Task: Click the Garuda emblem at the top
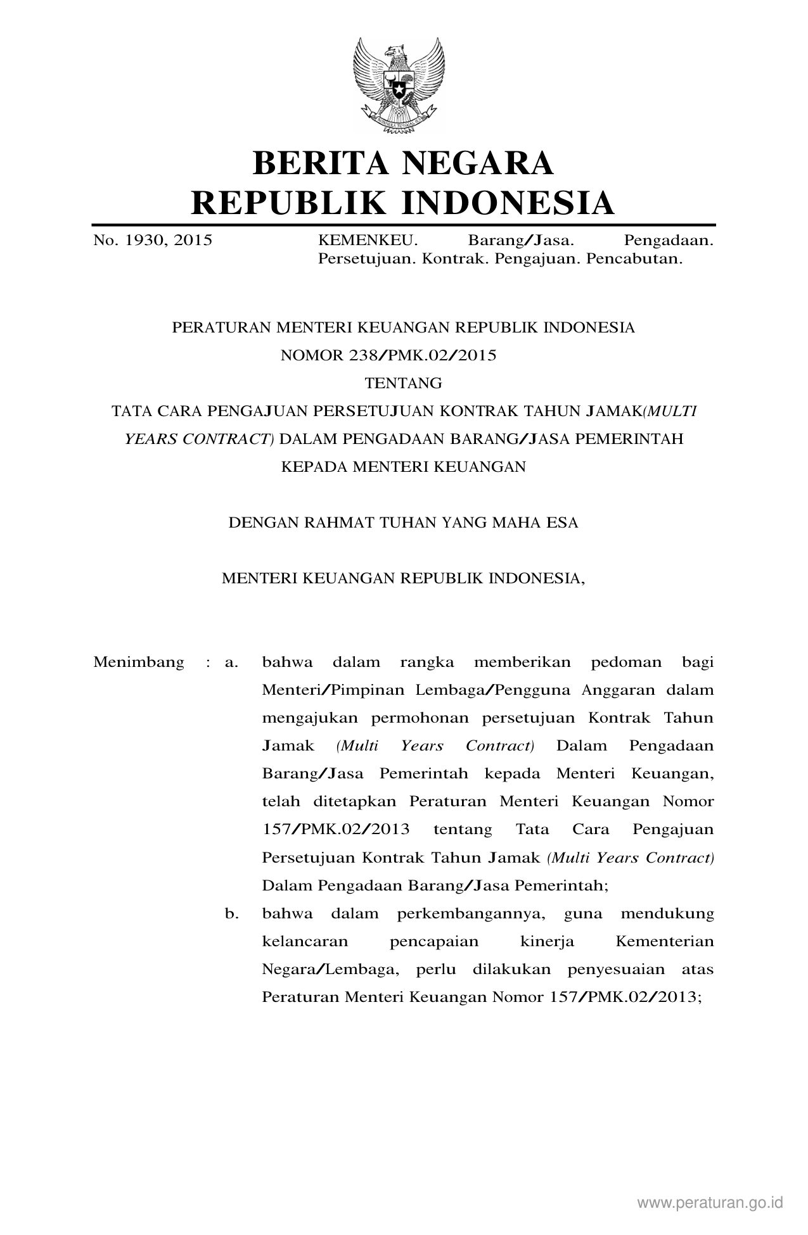(x=403, y=85)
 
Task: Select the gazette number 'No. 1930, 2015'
(x=153, y=241)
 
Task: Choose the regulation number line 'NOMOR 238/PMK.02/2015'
(x=388, y=355)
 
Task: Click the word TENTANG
(x=404, y=383)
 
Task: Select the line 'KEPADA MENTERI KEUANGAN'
(x=403, y=467)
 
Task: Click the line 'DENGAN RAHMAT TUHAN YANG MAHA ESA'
(x=403, y=523)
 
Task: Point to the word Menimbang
(x=139, y=662)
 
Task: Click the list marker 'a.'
(x=231, y=663)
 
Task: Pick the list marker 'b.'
(x=231, y=914)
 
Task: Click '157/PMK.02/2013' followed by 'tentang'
(x=336, y=830)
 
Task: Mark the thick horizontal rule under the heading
(x=403, y=225)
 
